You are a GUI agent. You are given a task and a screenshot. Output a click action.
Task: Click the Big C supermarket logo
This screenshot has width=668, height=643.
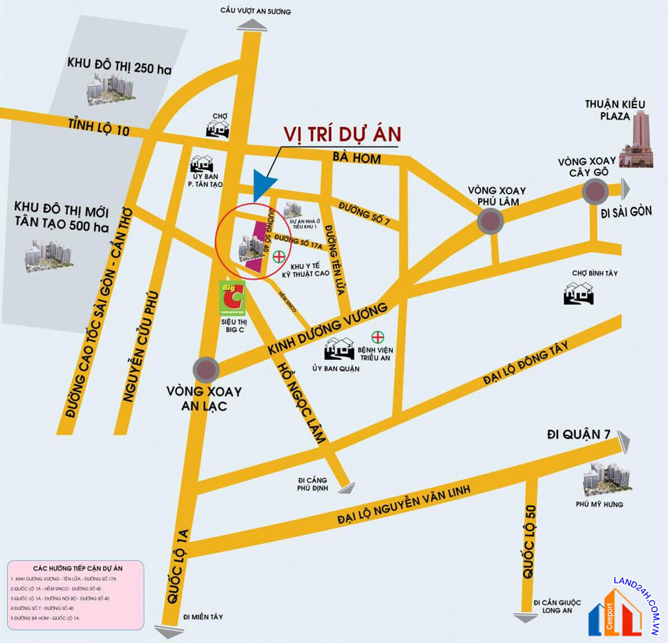tap(232, 297)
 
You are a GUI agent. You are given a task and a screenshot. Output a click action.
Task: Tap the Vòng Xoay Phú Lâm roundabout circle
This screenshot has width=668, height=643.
tap(490, 221)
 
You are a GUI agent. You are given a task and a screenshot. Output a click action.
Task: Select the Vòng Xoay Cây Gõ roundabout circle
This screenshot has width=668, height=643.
tap(595, 192)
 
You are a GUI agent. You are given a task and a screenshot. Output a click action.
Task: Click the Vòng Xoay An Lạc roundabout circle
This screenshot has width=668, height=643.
tap(206, 370)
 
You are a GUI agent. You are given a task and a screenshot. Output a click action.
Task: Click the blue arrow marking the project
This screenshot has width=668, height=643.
tap(263, 184)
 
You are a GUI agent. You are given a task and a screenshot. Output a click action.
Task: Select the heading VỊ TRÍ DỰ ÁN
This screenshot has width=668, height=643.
tap(342, 134)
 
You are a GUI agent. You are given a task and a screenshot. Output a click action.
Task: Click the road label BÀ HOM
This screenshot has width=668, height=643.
tap(356, 158)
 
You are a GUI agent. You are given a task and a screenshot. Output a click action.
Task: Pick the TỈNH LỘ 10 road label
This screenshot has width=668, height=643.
tap(99, 127)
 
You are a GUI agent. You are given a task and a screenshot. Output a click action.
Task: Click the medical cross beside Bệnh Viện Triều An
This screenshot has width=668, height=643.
tap(378, 337)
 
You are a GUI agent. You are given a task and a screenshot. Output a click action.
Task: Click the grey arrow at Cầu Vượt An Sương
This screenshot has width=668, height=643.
tap(252, 25)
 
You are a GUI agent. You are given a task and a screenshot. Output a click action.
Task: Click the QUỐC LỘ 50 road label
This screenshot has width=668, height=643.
tap(529, 542)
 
